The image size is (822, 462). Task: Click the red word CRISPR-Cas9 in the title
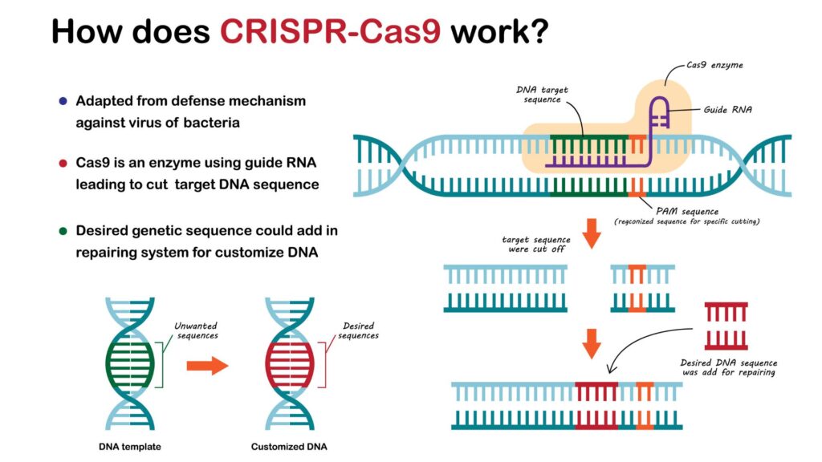pyautogui.click(x=330, y=31)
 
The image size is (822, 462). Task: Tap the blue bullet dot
pyautogui.click(x=63, y=102)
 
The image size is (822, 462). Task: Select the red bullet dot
pyautogui.click(x=63, y=164)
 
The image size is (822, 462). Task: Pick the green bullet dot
pyautogui.click(x=63, y=231)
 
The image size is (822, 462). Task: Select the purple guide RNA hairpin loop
pyautogui.click(x=658, y=112)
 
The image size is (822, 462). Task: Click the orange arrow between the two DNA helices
pyautogui.click(x=207, y=366)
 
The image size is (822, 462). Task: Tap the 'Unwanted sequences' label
pyautogui.click(x=197, y=330)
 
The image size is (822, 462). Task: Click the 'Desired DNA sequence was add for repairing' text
pyautogui.click(x=727, y=367)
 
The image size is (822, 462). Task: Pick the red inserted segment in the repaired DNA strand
pyautogui.click(x=596, y=404)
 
